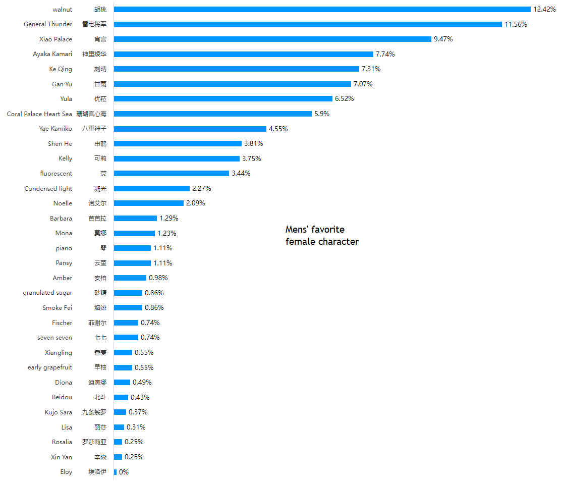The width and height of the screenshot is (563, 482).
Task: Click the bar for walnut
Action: click(x=322, y=10)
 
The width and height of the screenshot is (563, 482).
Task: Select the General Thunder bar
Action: click(x=308, y=24)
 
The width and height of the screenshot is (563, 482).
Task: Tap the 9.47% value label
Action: click(x=443, y=39)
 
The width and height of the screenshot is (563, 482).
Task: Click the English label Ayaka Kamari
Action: click(x=52, y=54)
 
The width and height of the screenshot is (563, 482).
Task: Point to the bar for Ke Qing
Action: click(x=237, y=69)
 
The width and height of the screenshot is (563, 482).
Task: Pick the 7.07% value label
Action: click(x=363, y=84)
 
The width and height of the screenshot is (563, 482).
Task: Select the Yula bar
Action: click(x=223, y=99)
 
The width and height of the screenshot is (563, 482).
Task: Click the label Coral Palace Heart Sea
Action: click(x=39, y=114)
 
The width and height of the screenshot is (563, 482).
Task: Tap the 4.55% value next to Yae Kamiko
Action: click(x=278, y=129)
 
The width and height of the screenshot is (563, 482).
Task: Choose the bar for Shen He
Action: click(x=178, y=144)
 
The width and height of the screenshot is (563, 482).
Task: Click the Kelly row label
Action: click(x=65, y=158)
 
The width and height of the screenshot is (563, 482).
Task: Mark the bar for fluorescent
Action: click(x=172, y=174)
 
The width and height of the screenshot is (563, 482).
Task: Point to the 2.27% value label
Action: click(x=201, y=188)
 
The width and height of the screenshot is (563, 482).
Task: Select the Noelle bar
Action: click(x=149, y=203)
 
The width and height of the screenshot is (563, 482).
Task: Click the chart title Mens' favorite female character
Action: click(x=322, y=236)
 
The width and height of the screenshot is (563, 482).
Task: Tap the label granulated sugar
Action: click(x=47, y=293)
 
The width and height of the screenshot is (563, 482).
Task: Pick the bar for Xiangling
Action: click(x=123, y=353)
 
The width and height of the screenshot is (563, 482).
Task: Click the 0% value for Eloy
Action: click(x=124, y=472)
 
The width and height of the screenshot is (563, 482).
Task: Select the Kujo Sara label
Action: click(x=59, y=412)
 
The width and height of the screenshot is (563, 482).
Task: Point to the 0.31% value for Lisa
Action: click(x=136, y=427)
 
